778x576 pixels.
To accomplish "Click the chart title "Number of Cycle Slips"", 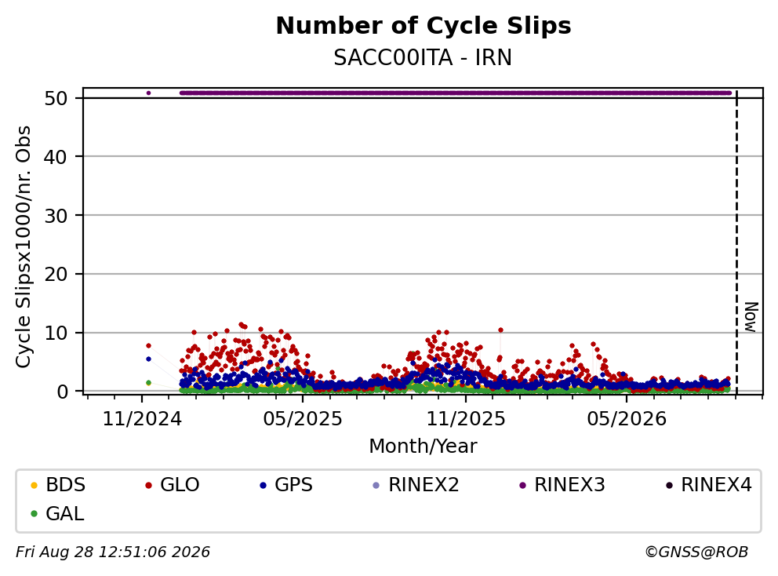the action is [424, 26].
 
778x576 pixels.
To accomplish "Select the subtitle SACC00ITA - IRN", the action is [423, 57].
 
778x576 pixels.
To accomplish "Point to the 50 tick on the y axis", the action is [56, 98].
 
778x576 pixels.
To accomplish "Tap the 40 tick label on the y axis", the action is [56, 157].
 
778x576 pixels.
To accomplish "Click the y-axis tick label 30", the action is [56, 216].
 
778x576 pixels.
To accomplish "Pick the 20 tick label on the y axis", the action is [56, 274].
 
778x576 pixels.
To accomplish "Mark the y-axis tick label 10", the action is [56, 333].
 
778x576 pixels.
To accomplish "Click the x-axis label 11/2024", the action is [143, 419].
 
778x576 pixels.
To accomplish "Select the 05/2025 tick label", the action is [303, 419].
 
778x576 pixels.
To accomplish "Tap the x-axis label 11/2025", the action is [466, 419].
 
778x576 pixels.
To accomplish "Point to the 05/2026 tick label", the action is [627, 419].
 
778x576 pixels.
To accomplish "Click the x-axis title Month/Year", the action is [423, 447].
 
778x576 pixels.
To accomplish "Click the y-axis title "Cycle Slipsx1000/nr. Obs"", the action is [24, 246].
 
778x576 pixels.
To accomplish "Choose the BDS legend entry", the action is [58, 485].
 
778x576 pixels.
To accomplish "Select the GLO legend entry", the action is [173, 485].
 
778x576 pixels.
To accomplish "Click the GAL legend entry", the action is [57, 513].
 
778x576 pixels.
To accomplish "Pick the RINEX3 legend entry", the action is [562, 485].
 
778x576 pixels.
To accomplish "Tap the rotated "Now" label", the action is [751, 317].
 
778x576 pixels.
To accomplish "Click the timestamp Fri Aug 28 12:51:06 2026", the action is [113, 552].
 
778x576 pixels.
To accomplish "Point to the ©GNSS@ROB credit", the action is [696, 552].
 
